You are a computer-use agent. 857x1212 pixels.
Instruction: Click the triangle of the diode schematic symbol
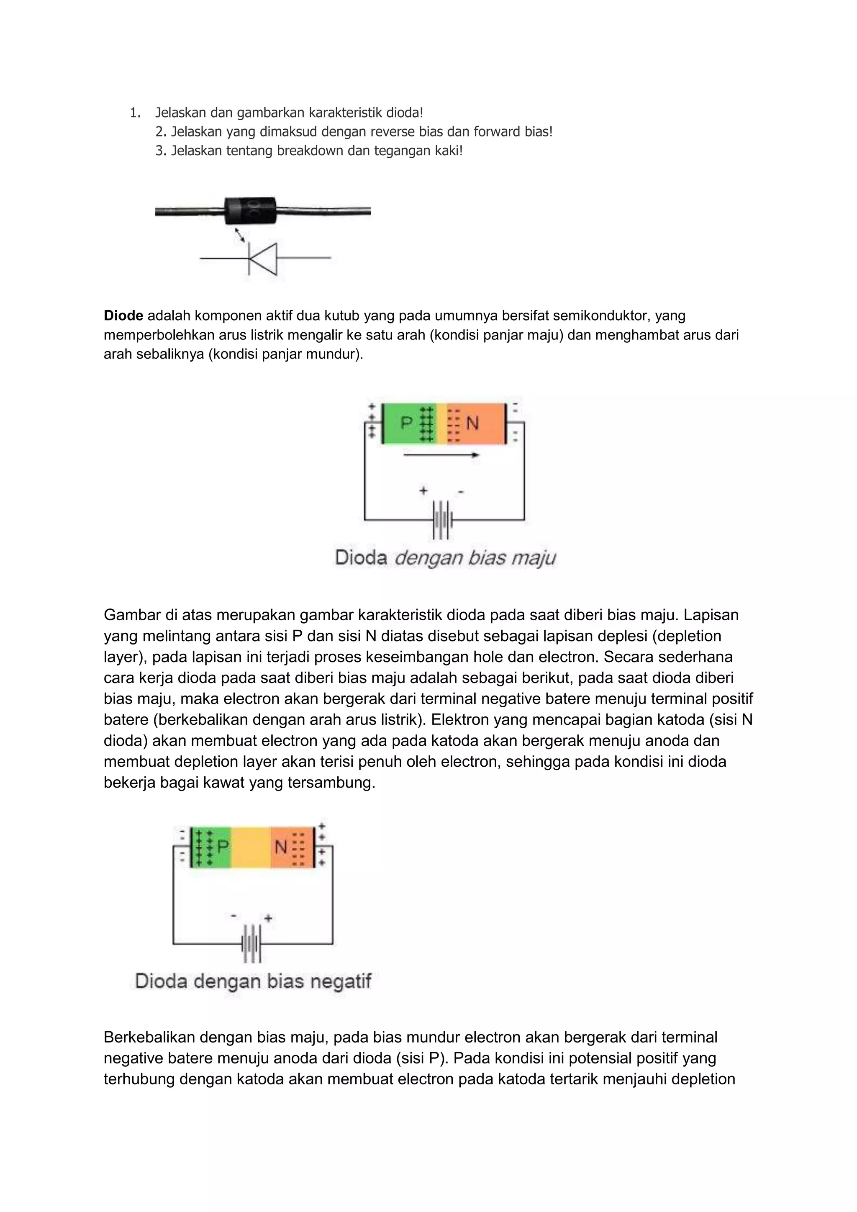pyautogui.click(x=264, y=259)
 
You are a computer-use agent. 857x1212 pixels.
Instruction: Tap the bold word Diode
pyautogui.click(x=123, y=316)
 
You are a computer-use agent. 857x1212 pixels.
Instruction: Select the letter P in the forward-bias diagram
pyautogui.click(x=406, y=423)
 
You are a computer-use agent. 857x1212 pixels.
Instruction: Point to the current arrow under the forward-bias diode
pyautogui.click(x=441, y=454)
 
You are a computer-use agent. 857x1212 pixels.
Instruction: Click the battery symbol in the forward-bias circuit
pyautogui.click(x=442, y=520)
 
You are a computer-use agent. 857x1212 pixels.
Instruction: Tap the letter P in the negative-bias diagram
pyautogui.click(x=223, y=847)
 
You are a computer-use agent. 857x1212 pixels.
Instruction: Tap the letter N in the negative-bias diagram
pyautogui.click(x=281, y=847)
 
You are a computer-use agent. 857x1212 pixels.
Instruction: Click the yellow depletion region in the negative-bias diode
pyautogui.click(x=251, y=847)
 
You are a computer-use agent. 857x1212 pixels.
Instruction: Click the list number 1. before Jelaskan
pyautogui.click(x=135, y=113)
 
